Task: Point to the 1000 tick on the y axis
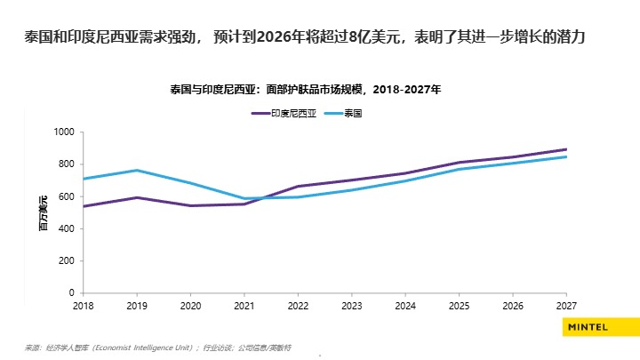(65, 132)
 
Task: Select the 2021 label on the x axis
(244, 304)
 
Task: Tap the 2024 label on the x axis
(404, 304)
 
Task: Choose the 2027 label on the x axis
(566, 304)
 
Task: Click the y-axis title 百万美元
(42, 212)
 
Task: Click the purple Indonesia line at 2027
(566, 149)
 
